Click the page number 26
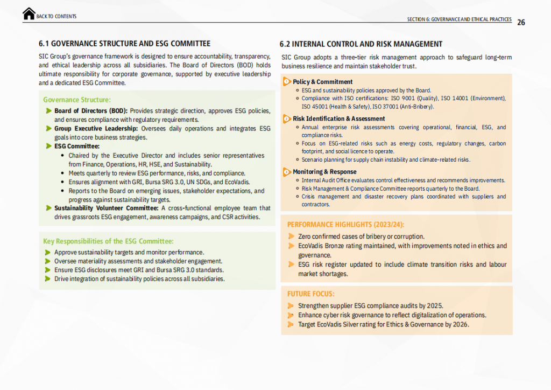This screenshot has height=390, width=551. click(x=521, y=22)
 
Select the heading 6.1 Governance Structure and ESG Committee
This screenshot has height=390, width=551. click(x=124, y=44)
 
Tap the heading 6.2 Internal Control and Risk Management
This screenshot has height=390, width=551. click(x=361, y=44)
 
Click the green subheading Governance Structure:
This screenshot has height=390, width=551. click(x=77, y=100)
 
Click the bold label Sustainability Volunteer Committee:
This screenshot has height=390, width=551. click(x=106, y=208)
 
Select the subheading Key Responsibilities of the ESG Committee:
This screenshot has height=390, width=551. click(x=108, y=241)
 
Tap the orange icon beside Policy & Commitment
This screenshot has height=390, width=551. click(x=287, y=82)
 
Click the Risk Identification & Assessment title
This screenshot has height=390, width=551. click(x=338, y=119)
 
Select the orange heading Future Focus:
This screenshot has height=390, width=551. click(x=310, y=294)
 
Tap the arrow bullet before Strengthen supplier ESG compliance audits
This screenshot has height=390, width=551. click(x=291, y=305)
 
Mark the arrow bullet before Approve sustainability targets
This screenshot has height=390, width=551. click(x=48, y=252)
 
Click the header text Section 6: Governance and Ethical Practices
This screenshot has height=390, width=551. click(x=459, y=19)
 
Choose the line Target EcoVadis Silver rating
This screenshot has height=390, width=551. click(x=384, y=324)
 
